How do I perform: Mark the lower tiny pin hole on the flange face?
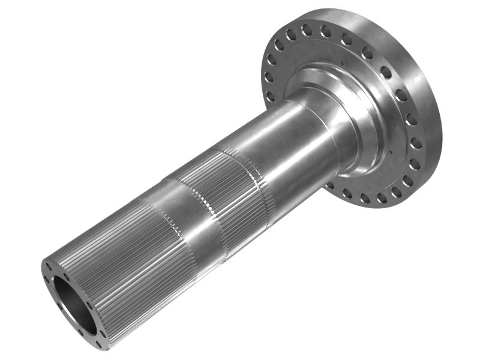391,152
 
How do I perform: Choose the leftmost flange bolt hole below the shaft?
330,185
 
